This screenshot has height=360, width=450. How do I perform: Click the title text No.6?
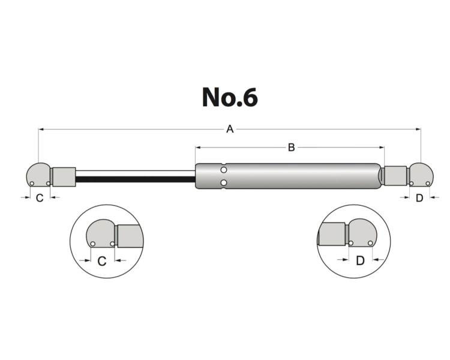point(230,97)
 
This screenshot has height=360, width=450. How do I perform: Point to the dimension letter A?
point(229,129)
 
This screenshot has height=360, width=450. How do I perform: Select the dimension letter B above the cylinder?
point(291,147)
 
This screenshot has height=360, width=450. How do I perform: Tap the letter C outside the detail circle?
point(40,197)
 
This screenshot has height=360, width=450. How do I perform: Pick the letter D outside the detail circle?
point(419,197)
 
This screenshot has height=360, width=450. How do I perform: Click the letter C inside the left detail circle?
point(102,261)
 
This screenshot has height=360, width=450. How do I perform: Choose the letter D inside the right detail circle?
point(360,260)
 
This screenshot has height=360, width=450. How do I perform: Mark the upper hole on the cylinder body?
point(223,170)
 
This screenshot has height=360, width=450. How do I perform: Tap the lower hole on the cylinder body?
point(223,182)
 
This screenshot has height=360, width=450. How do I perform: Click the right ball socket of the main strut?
point(420,175)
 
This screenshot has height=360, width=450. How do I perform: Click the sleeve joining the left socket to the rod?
point(64,176)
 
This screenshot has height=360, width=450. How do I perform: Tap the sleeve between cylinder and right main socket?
point(395,176)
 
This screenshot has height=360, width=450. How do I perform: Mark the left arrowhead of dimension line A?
point(41,129)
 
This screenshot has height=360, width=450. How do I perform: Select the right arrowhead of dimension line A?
point(419,129)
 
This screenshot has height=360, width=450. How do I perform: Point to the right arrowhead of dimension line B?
point(380,147)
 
